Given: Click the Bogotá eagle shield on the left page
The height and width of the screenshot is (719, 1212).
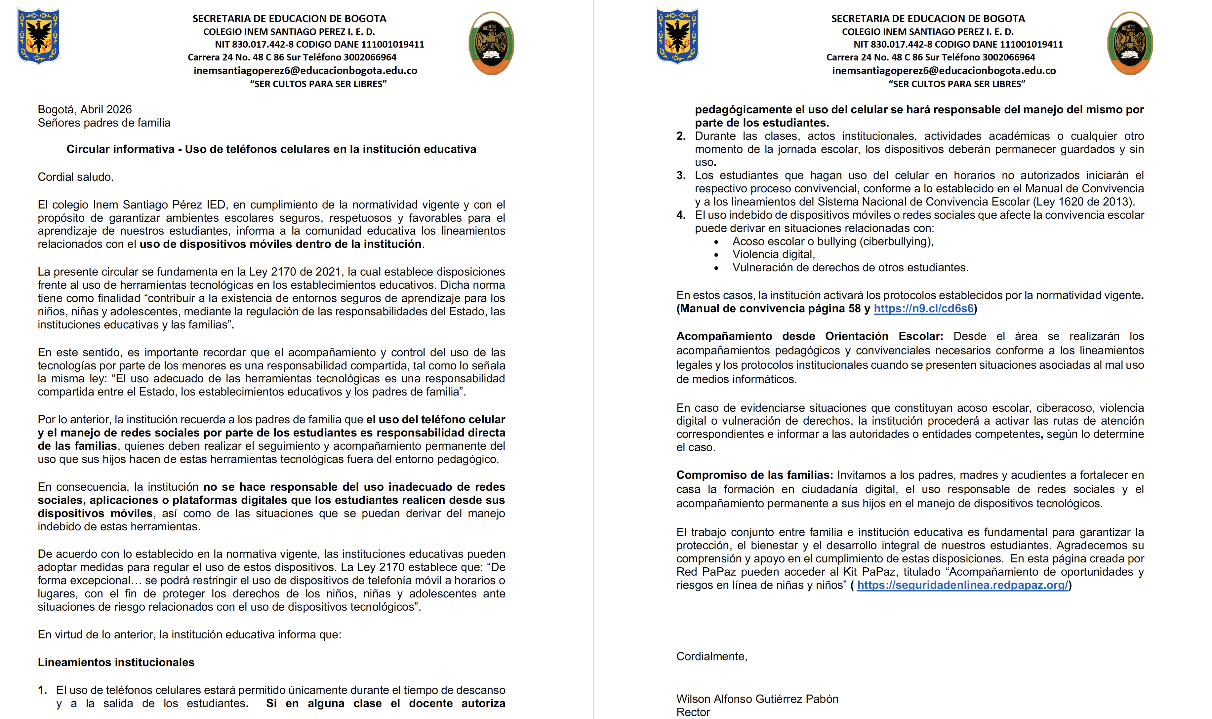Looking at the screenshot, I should (x=38, y=36).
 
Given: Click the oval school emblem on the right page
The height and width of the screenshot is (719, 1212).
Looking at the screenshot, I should (x=1130, y=43).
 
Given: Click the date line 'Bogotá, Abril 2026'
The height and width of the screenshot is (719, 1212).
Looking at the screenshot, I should (x=85, y=109).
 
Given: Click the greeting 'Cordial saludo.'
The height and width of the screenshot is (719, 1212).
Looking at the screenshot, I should (x=76, y=177).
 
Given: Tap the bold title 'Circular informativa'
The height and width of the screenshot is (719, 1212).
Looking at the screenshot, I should (x=120, y=149).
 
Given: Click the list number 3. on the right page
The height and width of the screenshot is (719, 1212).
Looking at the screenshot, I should (x=681, y=175).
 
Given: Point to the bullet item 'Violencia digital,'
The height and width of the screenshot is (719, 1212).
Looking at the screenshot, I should (x=773, y=254).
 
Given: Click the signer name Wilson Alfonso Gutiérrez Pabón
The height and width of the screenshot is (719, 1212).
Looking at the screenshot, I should (x=757, y=699).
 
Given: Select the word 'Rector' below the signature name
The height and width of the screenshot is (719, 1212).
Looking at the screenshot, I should (x=693, y=712).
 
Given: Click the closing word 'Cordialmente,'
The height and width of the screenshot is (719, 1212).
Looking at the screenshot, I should (x=711, y=657).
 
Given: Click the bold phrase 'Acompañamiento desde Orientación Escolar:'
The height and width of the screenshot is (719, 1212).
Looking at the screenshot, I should (x=809, y=336).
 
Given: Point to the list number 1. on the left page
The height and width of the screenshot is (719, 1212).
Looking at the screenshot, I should (x=43, y=690).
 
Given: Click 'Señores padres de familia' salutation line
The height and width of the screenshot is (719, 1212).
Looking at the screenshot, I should (x=104, y=123).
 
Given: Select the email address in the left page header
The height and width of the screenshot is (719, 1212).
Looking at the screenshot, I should (x=305, y=71).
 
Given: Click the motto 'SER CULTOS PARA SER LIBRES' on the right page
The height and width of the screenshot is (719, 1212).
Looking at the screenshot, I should (x=957, y=84).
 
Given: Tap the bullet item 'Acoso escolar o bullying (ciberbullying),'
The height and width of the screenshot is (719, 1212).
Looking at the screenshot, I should (x=832, y=241).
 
